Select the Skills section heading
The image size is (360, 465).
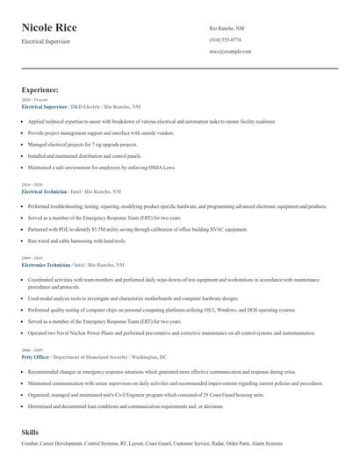tap(30, 433)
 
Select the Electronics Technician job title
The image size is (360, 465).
tap(46, 264)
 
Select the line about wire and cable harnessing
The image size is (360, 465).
tap(77, 240)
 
